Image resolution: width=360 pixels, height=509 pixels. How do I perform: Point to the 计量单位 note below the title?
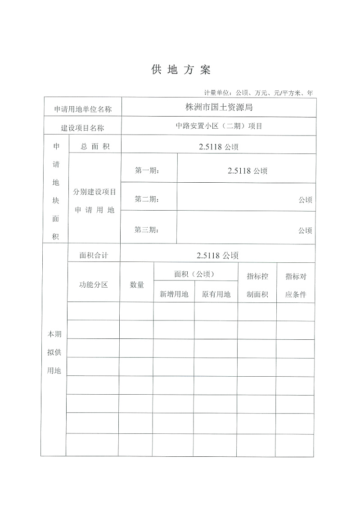[258, 93]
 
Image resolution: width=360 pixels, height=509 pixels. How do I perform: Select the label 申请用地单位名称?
[83, 109]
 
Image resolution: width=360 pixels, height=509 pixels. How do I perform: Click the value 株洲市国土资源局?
[219, 108]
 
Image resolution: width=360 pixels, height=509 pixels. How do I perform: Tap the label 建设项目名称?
[82, 128]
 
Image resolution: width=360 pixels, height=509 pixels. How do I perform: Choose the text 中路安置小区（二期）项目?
[219, 126]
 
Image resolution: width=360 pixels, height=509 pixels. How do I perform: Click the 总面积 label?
[94, 146]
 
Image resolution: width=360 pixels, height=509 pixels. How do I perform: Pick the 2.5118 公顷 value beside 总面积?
[219, 147]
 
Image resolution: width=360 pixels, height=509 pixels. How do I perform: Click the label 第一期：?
[147, 171]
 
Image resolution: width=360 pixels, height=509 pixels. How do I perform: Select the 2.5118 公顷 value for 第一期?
[247, 171]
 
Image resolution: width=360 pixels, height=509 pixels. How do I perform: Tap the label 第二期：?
[147, 199]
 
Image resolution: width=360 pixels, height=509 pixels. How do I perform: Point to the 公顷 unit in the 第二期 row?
[305, 200]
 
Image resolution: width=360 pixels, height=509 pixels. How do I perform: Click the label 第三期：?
[147, 230]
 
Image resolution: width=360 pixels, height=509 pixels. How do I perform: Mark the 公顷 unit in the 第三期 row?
[305, 230]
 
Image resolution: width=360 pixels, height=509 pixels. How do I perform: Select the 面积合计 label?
[94, 255]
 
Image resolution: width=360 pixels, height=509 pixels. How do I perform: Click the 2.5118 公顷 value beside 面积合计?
[217, 256]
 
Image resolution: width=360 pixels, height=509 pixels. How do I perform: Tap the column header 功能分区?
[94, 284]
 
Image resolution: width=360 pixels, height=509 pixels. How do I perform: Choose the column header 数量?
[137, 284]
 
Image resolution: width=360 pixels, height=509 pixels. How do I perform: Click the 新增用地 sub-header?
[174, 294]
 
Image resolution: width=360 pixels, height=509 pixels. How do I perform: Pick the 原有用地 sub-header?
[216, 294]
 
